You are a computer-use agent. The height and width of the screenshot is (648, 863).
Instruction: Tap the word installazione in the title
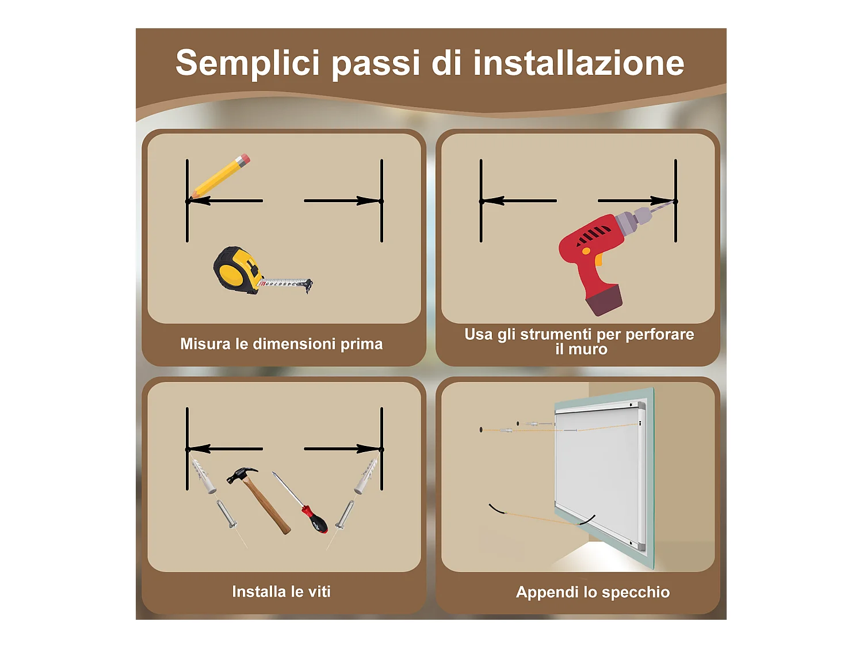[579, 63]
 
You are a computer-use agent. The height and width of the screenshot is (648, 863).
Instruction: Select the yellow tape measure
[262, 270]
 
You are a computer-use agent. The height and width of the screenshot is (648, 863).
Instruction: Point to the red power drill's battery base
[604, 300]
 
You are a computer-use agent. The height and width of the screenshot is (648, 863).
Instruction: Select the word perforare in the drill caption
[660, 335]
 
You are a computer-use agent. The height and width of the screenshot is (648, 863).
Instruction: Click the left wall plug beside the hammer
[203, 476]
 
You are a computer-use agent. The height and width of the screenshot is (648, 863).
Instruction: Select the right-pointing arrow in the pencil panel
[343, 200]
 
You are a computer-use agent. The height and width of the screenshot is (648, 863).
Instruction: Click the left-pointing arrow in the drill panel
[519, 200]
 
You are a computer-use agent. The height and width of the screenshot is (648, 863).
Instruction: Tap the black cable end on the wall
[497, 509]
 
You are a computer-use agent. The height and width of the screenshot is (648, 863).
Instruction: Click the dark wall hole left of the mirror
[481, 430]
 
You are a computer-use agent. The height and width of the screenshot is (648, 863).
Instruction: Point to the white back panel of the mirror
[598, 472]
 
